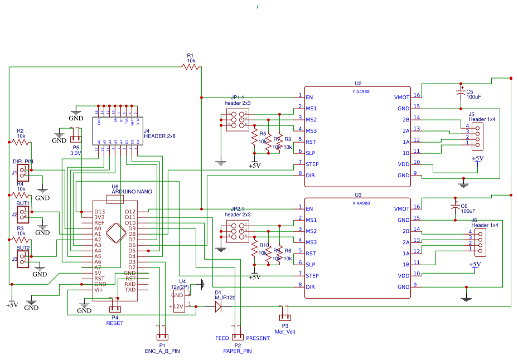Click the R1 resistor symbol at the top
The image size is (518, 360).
click(x=191, y=67)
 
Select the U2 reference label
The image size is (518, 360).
click(x=357, y=84)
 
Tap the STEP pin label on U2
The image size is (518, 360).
click(x=312, y=164)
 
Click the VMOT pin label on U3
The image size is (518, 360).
click(x=401, y=208)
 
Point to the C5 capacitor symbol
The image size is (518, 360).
click(x=461, y=90)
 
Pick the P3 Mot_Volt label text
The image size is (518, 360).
click(x=285, y=332)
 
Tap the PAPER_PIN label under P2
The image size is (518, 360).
click(x=237, y=351)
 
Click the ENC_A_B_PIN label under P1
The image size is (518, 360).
click(x=162, y=351)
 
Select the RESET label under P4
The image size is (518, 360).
click(x=114, y=323)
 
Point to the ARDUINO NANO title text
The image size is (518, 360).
click(x=132, y=192)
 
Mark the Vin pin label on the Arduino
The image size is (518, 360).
click(x=98, y=290)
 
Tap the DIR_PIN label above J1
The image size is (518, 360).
click(x=23, y=162)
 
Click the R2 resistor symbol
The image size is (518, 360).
click(x=21, y=142)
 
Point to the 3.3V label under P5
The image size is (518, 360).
click(x=76, y=153)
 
